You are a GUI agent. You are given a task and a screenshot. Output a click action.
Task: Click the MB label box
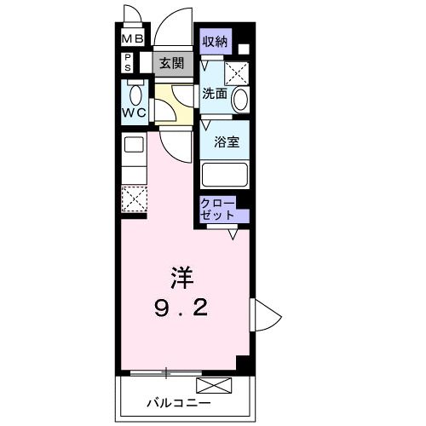[131, 39]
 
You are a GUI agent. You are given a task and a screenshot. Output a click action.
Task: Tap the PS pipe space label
[128, 61]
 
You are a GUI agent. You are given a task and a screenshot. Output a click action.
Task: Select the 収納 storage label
[214, 41]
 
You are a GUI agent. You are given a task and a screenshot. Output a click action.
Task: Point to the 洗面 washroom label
[214, 95]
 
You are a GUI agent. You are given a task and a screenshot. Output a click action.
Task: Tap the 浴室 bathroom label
[225, 141]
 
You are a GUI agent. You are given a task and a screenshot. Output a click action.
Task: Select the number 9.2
[181, 306]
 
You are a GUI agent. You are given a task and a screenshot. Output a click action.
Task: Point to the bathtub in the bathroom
[224, 175]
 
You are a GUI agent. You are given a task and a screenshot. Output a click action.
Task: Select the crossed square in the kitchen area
[132, 198]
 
